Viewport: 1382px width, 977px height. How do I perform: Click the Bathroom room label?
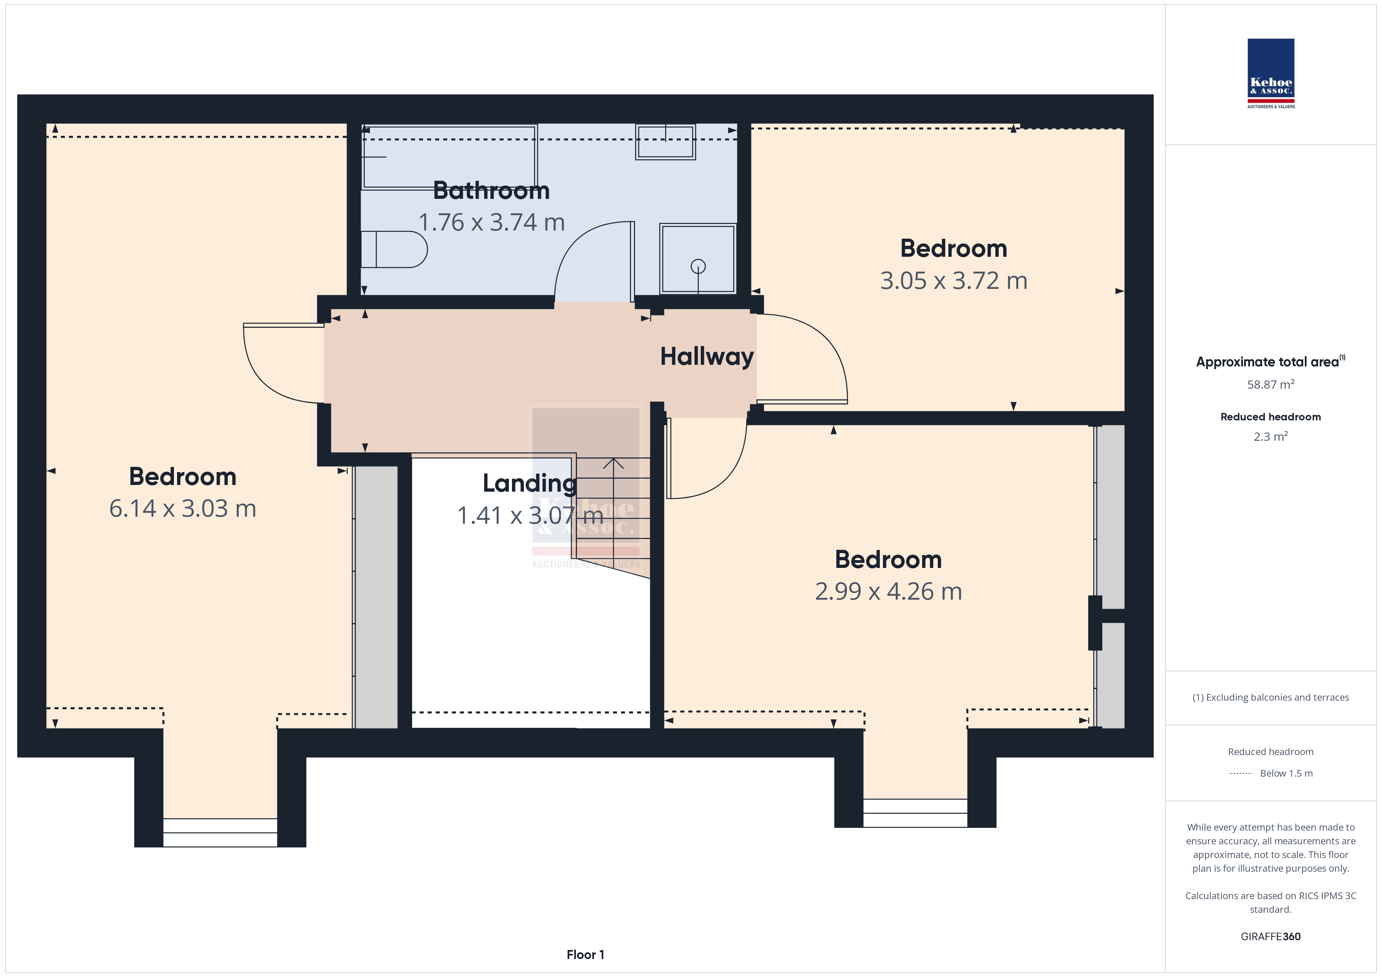coord(491,191)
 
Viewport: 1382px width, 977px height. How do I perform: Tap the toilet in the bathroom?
coord(394,249)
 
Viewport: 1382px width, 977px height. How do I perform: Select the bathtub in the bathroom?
coord(449,157)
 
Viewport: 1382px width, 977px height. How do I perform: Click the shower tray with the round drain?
coord(698,259)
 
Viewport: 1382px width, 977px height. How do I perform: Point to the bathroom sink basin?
coord(665,142)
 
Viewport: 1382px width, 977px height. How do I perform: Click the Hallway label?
coord(707,357)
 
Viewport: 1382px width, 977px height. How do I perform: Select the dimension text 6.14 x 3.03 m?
coord(183,508)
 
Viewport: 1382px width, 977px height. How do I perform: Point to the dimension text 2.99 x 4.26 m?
coord(888,591)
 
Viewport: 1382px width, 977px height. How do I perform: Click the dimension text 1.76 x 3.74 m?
coord(491,223)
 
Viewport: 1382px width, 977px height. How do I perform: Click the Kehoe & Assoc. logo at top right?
coord(1271,74)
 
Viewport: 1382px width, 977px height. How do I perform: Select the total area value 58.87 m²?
coord(1271,384)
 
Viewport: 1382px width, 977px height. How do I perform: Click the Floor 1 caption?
coord(585,955)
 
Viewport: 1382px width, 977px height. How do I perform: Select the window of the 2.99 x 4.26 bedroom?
coord(915,813)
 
